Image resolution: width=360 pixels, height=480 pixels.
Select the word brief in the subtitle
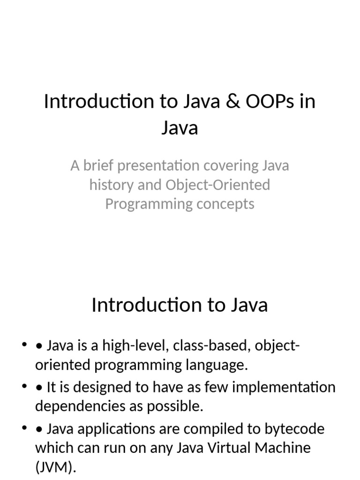coord(97,166)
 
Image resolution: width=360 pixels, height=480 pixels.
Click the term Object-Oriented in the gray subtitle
coord(217,185)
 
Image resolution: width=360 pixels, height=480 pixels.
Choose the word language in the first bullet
coord(217,366)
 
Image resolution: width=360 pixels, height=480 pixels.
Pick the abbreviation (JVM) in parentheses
coord(54,467)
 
